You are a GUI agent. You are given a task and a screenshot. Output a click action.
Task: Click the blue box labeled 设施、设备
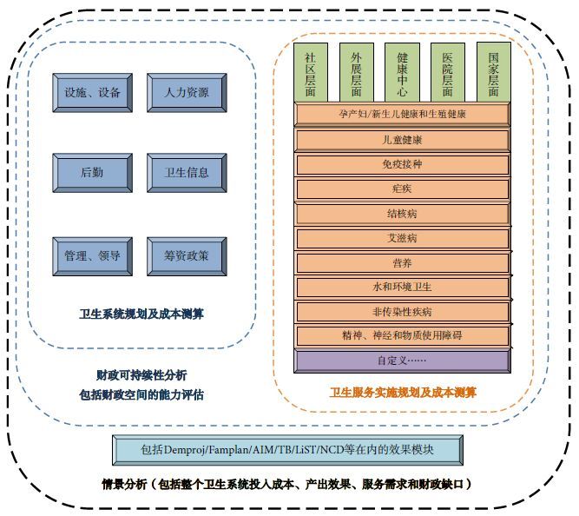(x=91, y=93)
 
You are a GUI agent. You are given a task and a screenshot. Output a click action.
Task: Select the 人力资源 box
(x=187, y=93)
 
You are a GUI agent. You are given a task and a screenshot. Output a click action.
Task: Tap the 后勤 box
(x=91, y=172)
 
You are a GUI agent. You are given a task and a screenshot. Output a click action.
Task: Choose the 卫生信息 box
(x=187, y=172)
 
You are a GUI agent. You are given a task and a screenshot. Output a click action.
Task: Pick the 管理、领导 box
(x=91, y=255)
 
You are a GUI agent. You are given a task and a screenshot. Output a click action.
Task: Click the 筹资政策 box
(x=187, y=255)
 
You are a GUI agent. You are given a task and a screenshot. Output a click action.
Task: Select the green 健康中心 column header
(x=402, y=72)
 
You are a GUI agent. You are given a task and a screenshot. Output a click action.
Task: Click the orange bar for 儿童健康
(x=402, y=140)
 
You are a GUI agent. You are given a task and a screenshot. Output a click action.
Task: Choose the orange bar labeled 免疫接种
(x=402, y=164)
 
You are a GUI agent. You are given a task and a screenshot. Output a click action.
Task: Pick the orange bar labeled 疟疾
(x=402, y=189)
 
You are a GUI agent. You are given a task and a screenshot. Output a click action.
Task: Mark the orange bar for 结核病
(x=402, y=213)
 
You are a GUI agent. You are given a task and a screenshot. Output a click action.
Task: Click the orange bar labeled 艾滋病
(x=402, y=237)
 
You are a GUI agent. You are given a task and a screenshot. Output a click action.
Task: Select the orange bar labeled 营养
(x=402, y=262)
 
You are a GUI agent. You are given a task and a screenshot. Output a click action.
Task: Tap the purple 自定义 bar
(x=402, y=360)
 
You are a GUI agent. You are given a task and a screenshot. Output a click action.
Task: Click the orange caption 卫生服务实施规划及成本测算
(x=402, y=393)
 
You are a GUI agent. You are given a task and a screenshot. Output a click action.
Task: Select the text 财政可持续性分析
(x=141, y=375)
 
